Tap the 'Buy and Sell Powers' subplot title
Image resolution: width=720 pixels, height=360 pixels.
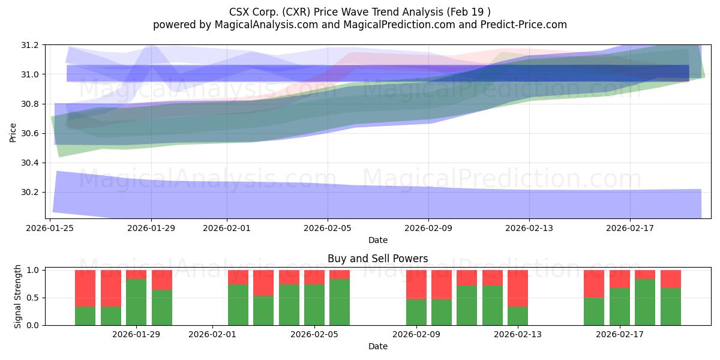pyautogui.click(x=377, y=259)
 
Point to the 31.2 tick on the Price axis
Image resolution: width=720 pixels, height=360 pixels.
pyautogui.click(x=31, y=46)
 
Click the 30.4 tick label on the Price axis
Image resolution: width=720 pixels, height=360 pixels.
pyautogui.click(x=31, y=163)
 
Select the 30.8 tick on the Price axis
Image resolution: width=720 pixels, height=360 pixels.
pyautogui.click(x=31, y=104)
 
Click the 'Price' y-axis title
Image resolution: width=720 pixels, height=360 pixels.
pyautogui.click(x=13, y=132)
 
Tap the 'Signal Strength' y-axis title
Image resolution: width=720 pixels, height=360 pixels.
pyautogui.click(x=18, y=298)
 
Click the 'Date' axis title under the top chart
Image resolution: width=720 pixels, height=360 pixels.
pyautogui.click(x=377, y=240)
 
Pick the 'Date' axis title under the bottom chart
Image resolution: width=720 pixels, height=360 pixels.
pyautogui.click(x=377, y=346)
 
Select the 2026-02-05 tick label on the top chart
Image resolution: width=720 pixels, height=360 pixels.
pyautogui.click(x=328, y=228)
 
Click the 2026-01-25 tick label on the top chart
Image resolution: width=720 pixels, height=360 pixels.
pyautogui.click(x=50, y=228)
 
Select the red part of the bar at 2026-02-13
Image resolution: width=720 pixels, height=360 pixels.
pyautogui.click(x=518, y=288)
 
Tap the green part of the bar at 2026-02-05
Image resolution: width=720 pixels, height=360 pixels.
pyautogui.click(x=314, y=305)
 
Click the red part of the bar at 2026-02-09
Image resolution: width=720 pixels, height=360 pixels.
pyautogui.click(x=416, y=284)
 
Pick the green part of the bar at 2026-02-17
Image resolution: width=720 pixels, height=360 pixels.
pyautogui.click(x=620, y=306)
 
